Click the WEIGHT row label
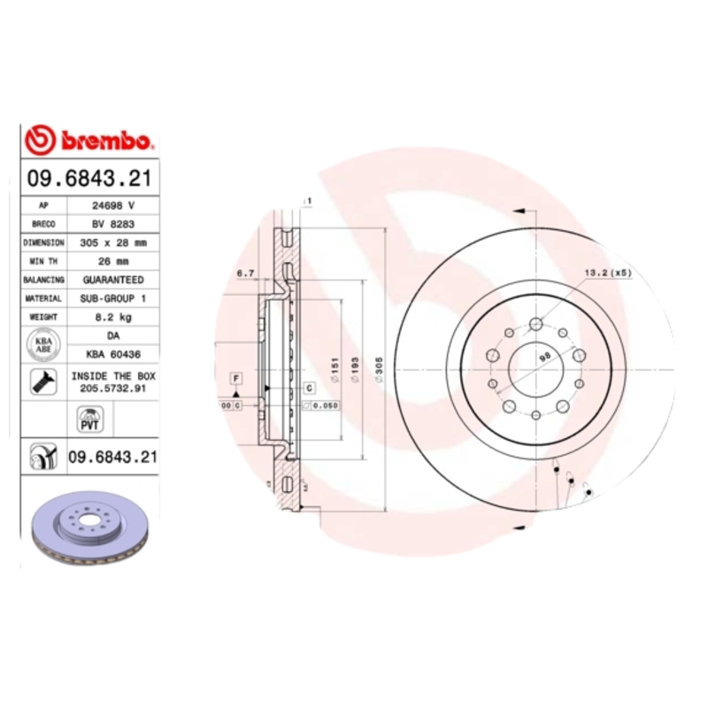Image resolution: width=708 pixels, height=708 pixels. point(43,317)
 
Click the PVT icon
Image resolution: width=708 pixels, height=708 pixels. point(88,418)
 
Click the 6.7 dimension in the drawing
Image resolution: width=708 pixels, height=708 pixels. point(245,273)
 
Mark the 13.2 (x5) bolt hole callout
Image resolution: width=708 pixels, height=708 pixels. point(606,273)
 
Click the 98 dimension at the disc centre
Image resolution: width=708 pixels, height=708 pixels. point(544,356)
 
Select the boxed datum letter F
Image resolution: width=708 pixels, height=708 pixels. point(236,378)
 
